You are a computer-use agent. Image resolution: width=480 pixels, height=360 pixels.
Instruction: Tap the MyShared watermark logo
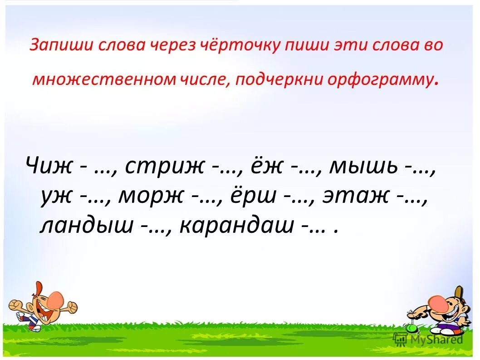[429, 339]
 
